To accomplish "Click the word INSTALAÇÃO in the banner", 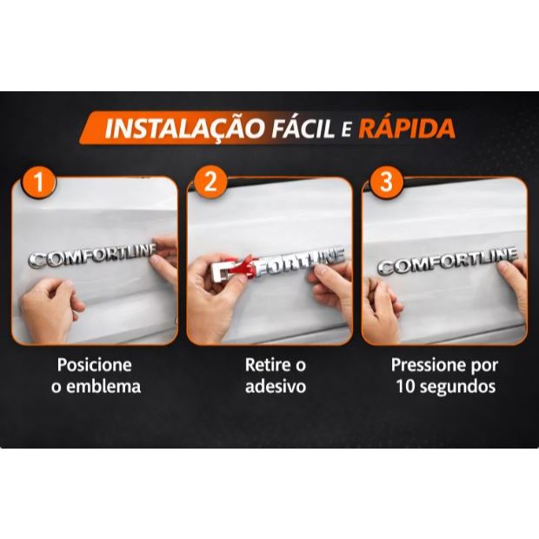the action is [x=185, y=128].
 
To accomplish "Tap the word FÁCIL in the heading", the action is [x=303, y=128].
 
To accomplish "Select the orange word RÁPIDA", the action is [x=407, y=128].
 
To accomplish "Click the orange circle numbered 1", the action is [x=38, y=182].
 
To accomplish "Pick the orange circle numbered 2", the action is [x=210, y=182].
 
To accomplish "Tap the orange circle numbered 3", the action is [x=386, y=182].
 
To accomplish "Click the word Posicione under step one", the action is [x=95, y=365].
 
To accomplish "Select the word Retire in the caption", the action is [x=265, y=365].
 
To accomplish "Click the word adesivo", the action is [x=276, y=386].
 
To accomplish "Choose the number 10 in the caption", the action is [x=405, y=386].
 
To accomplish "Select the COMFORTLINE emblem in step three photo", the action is [x=447, y=260].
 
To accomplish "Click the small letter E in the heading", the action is [x=346, y=130].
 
